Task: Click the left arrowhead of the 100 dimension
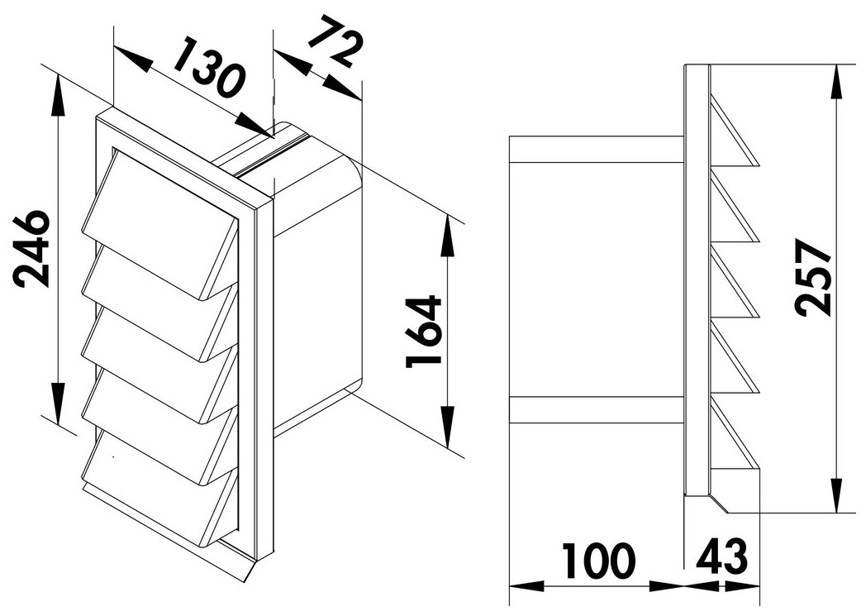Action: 525,586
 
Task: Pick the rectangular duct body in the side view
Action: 595,281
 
